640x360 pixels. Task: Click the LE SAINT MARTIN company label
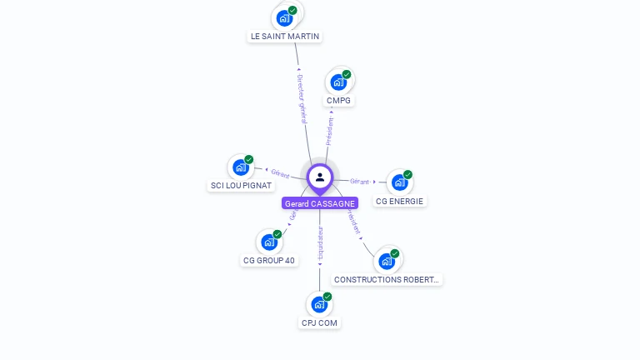click(285, 37)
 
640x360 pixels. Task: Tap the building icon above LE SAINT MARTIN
click(285, 17)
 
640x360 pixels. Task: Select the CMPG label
click(339, 101)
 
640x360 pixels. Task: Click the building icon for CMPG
click(338, 82)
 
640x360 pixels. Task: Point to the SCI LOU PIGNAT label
click(241, 185)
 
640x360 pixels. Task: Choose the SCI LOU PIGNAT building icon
click(241, 167)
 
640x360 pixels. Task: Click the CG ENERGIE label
click(400, 201)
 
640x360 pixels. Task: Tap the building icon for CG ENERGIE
click(400, 182)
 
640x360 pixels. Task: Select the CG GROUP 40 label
click(269, 260)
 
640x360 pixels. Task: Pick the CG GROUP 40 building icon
click(269, 242)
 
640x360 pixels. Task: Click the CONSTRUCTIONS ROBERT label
click(387, 279)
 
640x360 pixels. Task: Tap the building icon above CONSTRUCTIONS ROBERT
click(387, 261)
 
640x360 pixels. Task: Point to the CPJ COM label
click(320, 322)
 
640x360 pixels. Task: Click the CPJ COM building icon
click(319, 304)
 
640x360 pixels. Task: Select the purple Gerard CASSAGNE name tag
click(320, 203)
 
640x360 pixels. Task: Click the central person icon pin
click(320, 177)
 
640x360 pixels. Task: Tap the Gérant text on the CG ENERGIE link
click(359, 181)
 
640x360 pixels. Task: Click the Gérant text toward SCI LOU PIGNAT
click(280, 173)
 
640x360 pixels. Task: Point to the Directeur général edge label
click(302, 99)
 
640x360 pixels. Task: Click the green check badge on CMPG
click(347, 74)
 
